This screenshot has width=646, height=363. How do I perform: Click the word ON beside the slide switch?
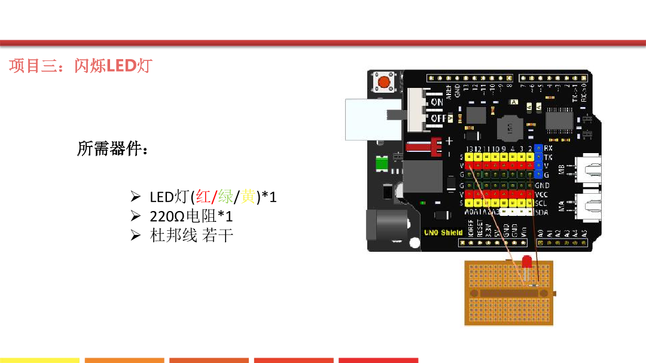[x=437, y=102]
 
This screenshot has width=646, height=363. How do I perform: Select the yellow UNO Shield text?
[x=443, y=233]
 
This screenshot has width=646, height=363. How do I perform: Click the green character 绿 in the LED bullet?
[x=226, y=196]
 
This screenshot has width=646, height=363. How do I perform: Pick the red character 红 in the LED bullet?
[x=204, y=196]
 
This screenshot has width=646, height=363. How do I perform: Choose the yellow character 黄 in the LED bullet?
[x=248, y=196]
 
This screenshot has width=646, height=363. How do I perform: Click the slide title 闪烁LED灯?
[x=114, y=65]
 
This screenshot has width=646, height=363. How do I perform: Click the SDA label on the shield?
[x=541, y=212]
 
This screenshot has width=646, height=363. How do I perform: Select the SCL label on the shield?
[x=541, y=203]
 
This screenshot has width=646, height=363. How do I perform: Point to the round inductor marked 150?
[x=509, y=127]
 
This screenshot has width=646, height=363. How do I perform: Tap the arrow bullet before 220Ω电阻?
[x=135, y=216]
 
